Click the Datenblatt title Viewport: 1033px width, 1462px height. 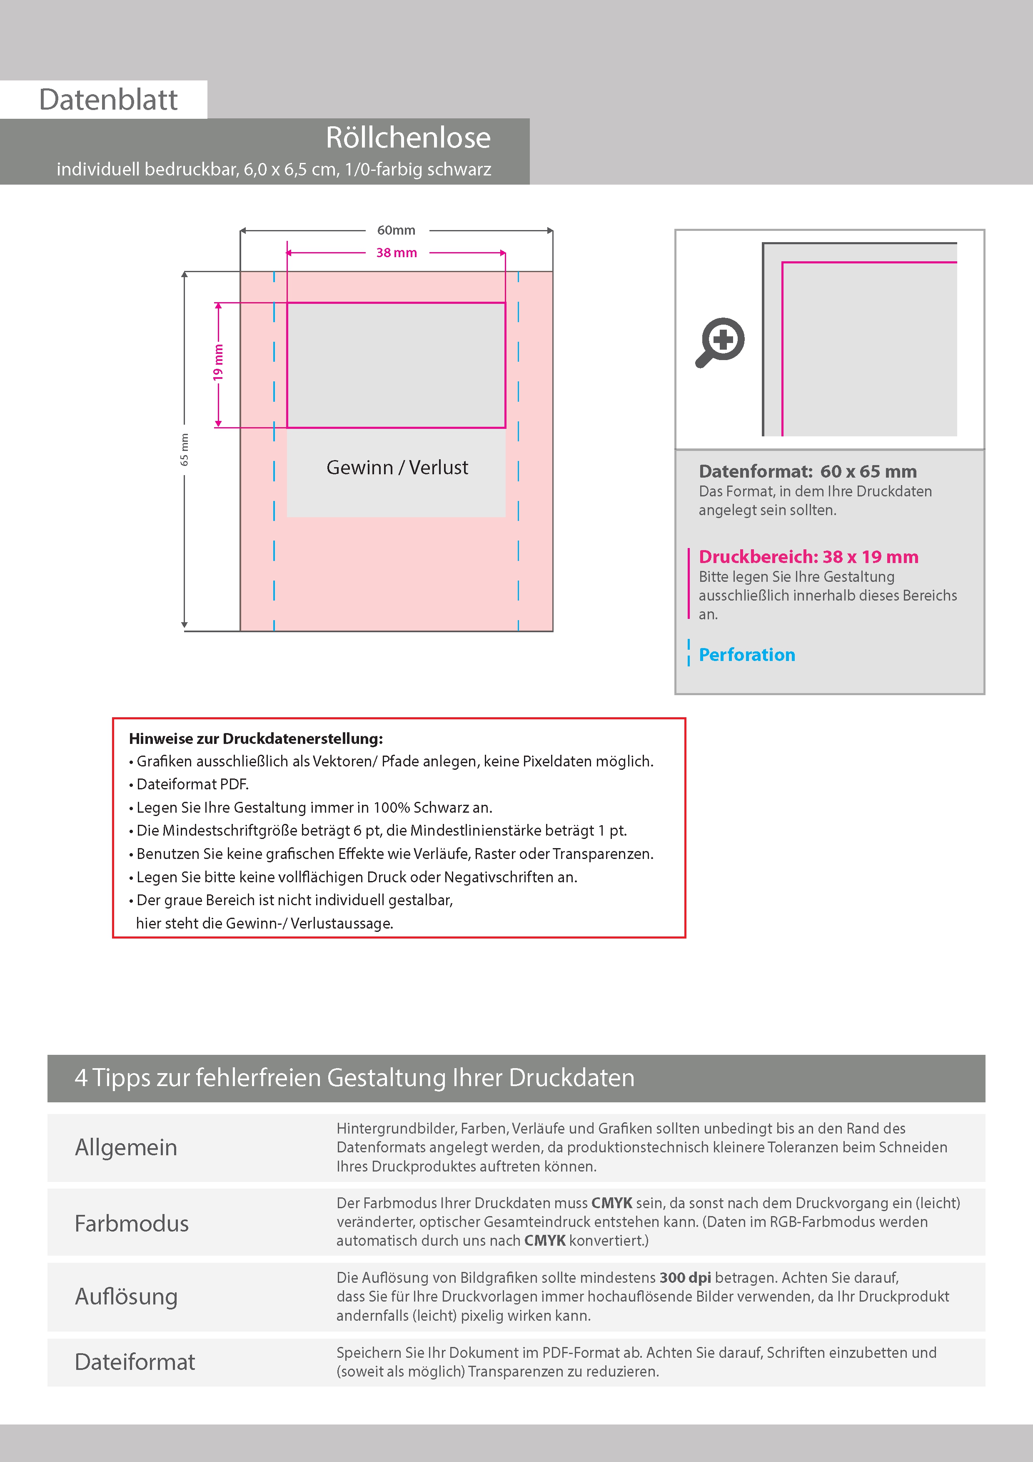tap(108, 100)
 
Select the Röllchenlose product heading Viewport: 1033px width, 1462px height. tap(408, 138)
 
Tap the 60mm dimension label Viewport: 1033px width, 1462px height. tap(396, 230)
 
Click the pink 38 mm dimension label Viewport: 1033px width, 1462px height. tap(396, 253)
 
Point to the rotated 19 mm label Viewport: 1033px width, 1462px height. tap(218, 362)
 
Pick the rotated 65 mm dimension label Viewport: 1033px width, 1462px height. tap(185, 450)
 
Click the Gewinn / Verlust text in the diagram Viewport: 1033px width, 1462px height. tap(397, 467)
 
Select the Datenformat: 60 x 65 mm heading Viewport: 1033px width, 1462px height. tap(807, 471)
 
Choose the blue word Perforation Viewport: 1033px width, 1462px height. tap(746, 655)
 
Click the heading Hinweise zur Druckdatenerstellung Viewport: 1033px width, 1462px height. tap(256, 739)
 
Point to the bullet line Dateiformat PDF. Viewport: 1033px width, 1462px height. tap(192, 784)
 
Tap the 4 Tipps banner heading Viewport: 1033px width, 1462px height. tap(354, 1077)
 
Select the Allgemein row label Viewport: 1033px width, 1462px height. tap(126, 1147)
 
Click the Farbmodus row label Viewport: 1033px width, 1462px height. tap(132, 1223)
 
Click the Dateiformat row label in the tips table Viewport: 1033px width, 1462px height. tap(135, 1362)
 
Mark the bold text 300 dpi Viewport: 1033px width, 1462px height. tap(685, 1277)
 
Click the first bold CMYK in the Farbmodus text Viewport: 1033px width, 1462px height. tap(611, 1203)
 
